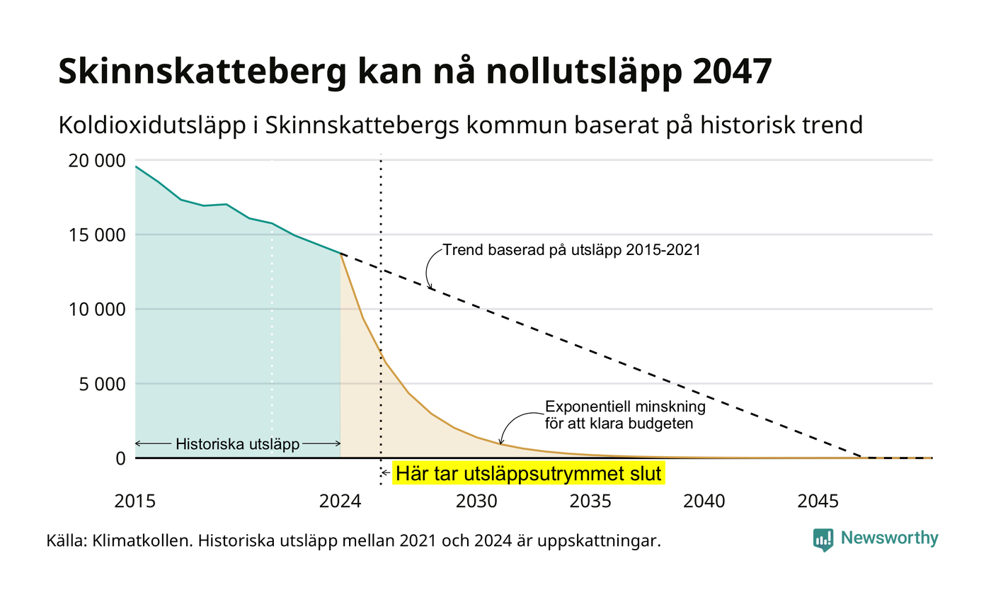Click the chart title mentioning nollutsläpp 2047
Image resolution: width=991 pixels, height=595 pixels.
(x=415, y=72)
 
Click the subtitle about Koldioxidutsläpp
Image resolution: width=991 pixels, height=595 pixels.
(x=461, y=125)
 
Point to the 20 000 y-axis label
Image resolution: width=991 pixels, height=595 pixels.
(x=97, y=161)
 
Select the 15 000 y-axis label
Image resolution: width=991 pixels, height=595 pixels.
(x=97, y=235)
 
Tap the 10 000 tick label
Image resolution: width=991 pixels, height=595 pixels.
(x=97, y=310)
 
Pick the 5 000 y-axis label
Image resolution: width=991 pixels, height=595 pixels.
(x=102, y=384)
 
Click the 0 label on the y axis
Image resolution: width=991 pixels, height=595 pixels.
(x=121, y=459)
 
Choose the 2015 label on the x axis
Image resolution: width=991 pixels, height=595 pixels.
(x=135, y=501)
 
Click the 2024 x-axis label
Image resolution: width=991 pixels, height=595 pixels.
(x=340, y=501)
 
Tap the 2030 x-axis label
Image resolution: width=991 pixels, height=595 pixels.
(x=476, y=501)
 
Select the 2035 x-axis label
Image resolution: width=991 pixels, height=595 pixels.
(x=590, y=501)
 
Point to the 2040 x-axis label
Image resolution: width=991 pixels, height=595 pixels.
(x=704, y=501)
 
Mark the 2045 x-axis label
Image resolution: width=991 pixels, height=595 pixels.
(x=818, y=501)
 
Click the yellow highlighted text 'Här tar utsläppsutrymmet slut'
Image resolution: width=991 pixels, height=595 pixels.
(x=528, y=473)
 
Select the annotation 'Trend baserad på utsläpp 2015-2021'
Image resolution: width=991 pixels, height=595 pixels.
(x=572, y=250)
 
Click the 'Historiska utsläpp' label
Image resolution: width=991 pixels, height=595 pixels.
(x=238, y=443)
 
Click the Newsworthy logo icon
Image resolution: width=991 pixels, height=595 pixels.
(x=823, y=540)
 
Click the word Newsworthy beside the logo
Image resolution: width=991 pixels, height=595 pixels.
(x=889, y=538)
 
